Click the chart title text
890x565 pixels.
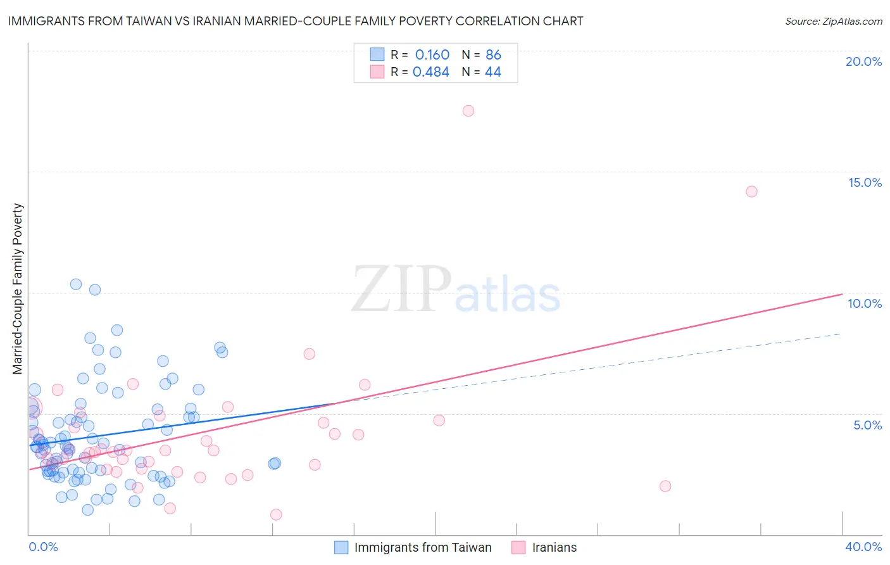(296, 22)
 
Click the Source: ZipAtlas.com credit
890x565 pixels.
(833, 22)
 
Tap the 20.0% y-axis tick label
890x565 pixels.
(863, 61)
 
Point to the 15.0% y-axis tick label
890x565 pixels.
(865, 182)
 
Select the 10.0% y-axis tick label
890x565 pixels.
(865, 303)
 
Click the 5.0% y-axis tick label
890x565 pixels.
(867, 425)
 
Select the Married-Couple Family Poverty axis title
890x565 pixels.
(18, 289)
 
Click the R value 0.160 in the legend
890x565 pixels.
(432, 55)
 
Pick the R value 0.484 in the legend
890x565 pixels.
(430, 72)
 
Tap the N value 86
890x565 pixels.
(493, 55)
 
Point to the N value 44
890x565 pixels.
(492, 72)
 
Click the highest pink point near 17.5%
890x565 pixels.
(468, 111)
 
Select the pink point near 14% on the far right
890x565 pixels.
(751, 191)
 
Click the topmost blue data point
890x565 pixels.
(76, 284)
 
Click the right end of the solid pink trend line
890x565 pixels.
(842, 294)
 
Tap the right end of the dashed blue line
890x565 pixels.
(841, 333)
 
